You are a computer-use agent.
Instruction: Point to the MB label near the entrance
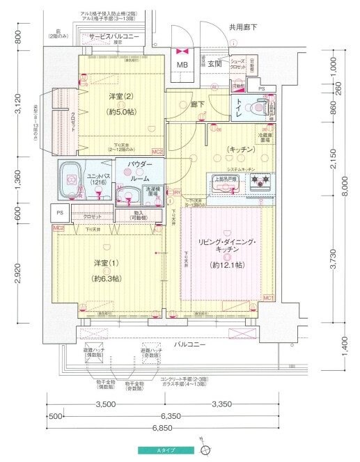182,65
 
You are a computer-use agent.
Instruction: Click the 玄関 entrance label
214,64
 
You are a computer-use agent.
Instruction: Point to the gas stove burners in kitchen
261,183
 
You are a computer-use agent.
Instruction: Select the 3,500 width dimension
105,404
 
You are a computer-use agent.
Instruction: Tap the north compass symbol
205,449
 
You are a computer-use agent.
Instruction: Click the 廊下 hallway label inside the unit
198,104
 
